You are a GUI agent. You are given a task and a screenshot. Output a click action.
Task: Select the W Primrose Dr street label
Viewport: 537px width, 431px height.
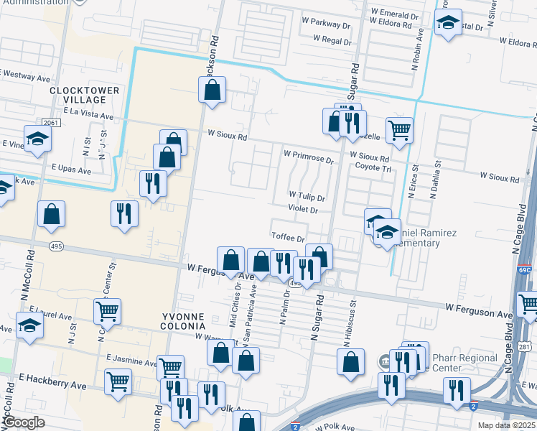pos(309,154)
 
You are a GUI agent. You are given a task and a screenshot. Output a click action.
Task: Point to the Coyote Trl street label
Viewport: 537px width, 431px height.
pos(373,168)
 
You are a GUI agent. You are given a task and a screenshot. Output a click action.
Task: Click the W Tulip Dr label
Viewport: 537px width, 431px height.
pos(307,196)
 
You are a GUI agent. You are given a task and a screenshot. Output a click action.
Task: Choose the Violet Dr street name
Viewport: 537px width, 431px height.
pos(302,210)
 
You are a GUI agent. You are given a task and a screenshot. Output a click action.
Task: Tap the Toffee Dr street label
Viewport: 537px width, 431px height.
pos(289,237)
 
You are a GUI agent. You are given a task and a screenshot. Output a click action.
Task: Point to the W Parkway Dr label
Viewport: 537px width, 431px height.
pos(331,23)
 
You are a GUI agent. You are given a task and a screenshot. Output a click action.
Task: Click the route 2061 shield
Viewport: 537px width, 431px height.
pos(50,123)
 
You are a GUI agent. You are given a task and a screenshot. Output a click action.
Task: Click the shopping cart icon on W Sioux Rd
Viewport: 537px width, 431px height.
pos(400,130)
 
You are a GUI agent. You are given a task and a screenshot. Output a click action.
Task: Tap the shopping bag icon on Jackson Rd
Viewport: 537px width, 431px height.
pos(212,91)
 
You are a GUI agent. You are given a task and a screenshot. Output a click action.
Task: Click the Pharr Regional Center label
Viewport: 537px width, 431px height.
pos(465,363)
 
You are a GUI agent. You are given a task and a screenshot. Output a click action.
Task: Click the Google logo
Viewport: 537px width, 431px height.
pos(24,422)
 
